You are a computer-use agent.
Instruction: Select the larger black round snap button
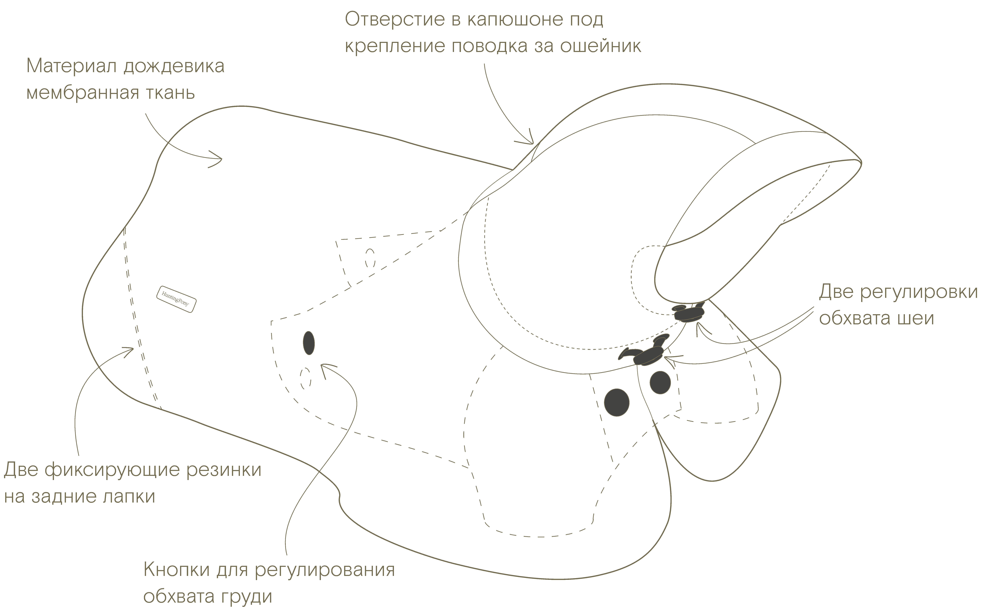(x=617, y=402)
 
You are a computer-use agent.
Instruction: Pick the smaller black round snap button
(x=660, y=382)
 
